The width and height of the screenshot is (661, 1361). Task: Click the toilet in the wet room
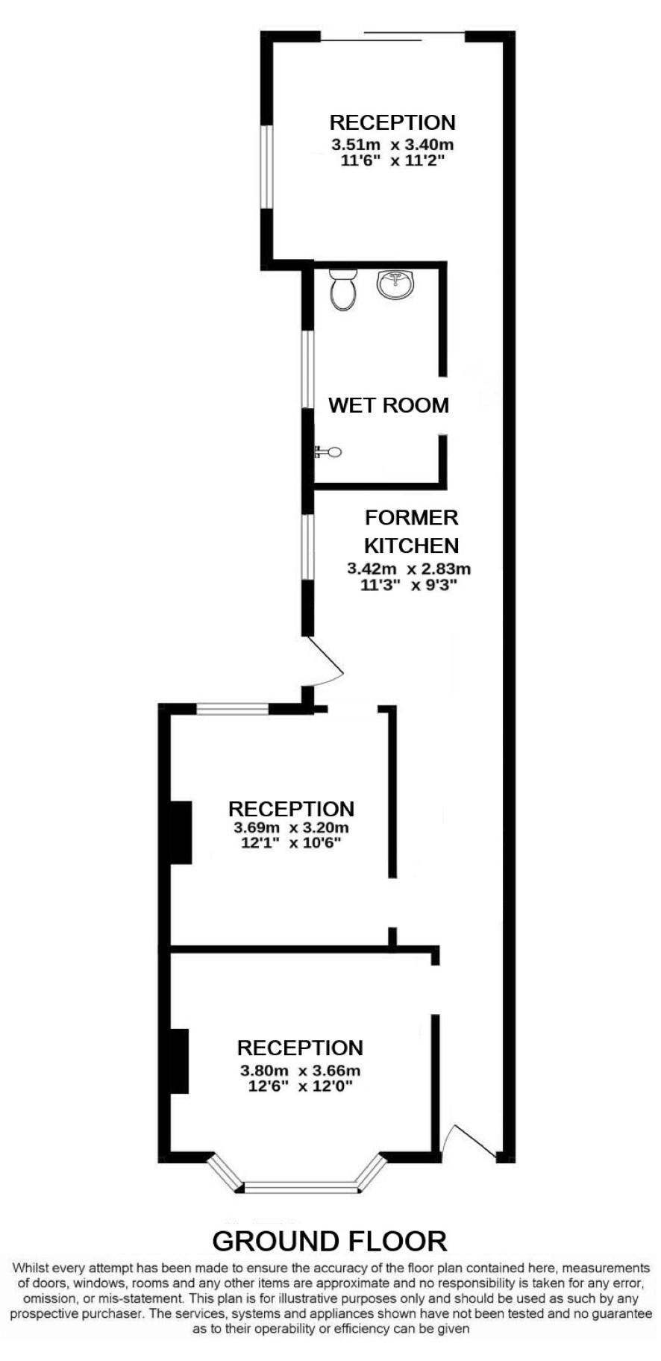coord(342,290)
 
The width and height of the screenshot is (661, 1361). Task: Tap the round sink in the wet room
coord(395,284)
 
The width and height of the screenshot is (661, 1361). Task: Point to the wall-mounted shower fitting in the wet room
coord(328,451)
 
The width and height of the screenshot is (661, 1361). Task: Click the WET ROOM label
coord(389,405)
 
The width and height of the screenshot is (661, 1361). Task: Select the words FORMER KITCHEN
coord(411,531)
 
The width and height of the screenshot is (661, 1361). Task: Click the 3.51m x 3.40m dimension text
coord(392,144)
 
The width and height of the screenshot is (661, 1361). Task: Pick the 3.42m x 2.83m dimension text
coord(409,569)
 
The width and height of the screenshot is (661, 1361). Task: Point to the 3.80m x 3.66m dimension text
coord(300,1071)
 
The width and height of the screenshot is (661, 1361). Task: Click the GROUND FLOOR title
coord(330,1241)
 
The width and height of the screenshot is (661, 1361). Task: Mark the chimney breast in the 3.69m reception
coord(181,832)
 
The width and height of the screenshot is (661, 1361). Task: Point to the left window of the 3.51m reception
coord(266,166)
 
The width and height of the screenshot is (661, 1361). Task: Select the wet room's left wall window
coord(307,369)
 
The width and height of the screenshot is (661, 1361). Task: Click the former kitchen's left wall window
coord(307,547)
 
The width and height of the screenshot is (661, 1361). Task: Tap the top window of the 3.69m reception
coord(233,709)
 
